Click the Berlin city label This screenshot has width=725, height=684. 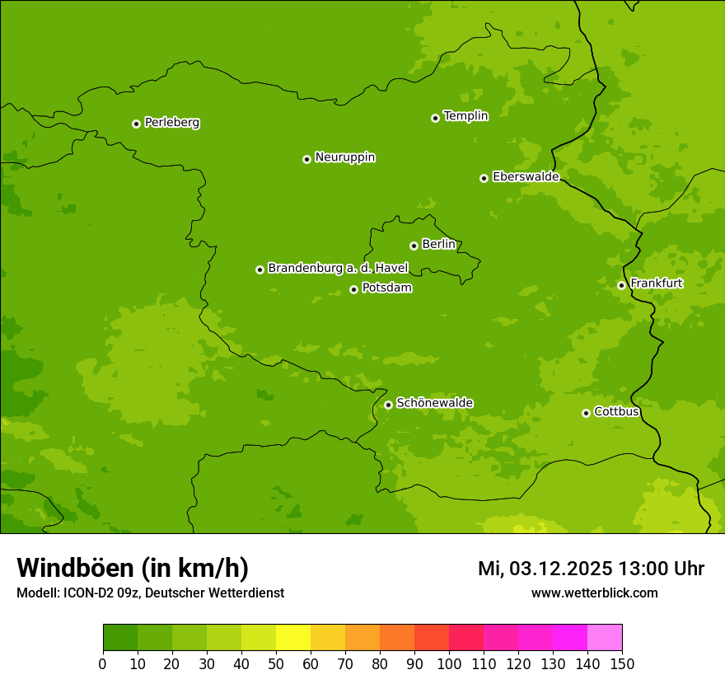438,245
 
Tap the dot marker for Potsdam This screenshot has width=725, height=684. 353,289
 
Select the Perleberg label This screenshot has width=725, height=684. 171,123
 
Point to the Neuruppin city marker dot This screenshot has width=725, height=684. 306,159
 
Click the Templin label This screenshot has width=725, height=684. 465,116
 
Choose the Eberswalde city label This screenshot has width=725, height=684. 526,177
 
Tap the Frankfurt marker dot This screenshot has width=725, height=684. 621,285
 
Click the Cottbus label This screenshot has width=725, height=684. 616,412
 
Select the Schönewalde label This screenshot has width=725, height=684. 434,403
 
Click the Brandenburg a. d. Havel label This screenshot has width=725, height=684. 338,269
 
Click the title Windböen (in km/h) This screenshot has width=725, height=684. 133,568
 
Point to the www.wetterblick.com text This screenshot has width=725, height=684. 594,593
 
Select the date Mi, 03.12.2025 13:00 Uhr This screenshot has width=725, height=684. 591,569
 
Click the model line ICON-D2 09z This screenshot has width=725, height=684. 150,593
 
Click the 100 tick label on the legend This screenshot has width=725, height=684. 449,663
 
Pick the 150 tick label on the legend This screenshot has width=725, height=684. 622,663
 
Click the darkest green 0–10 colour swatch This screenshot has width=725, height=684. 120,638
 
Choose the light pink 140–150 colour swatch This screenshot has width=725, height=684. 605,638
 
